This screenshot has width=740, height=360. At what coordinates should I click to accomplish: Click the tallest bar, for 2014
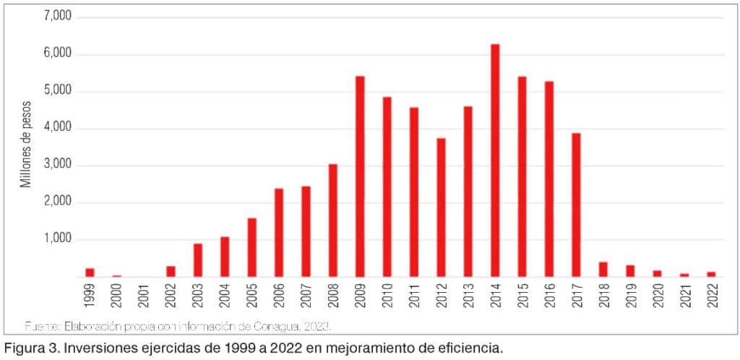click(x=495, y=160)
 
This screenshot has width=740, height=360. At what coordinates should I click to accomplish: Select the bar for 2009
click(x=360, y=176)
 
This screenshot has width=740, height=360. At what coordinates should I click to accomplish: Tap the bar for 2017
click(x=576, y=205)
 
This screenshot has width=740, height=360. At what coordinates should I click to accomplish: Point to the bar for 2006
click(x=279, y=232)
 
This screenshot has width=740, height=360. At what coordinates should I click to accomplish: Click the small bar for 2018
click(x=603, y=269)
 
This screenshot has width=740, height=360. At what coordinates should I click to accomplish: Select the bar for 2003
click(x=198, y=260)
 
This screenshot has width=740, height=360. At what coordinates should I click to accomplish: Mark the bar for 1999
click(x=90, y=272)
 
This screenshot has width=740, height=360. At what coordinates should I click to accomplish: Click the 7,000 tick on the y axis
click(x=58, y=16)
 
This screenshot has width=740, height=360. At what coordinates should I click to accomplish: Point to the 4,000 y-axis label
click(x=58, y=128)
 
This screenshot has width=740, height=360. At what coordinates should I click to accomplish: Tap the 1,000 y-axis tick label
click(x=58, y=239)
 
